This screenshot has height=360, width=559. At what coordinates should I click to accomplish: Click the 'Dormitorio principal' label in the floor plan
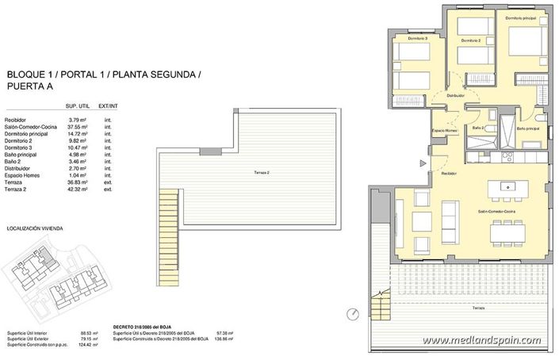(x=520, y=16)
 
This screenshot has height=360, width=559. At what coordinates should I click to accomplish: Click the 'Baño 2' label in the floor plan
(x=478, y=128)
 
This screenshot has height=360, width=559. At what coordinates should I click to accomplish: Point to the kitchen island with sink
(x=507, y=188)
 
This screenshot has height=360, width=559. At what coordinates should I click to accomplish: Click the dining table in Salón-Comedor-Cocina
(x=510, y=231)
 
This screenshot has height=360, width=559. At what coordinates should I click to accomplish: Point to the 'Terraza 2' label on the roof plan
(x=254, y=172)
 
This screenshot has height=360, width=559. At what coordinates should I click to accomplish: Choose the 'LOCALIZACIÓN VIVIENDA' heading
(x=34, y=228)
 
